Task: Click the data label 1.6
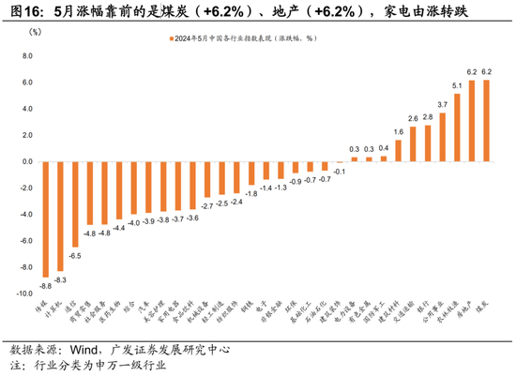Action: click(x=399, y=132)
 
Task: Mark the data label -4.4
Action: click(x=118, y=228)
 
